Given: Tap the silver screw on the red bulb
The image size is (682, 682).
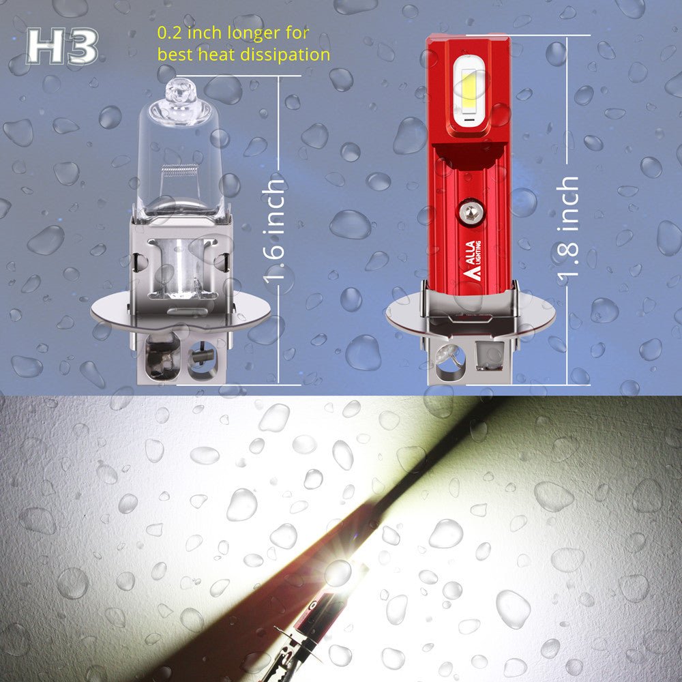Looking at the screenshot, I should point(470,211).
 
